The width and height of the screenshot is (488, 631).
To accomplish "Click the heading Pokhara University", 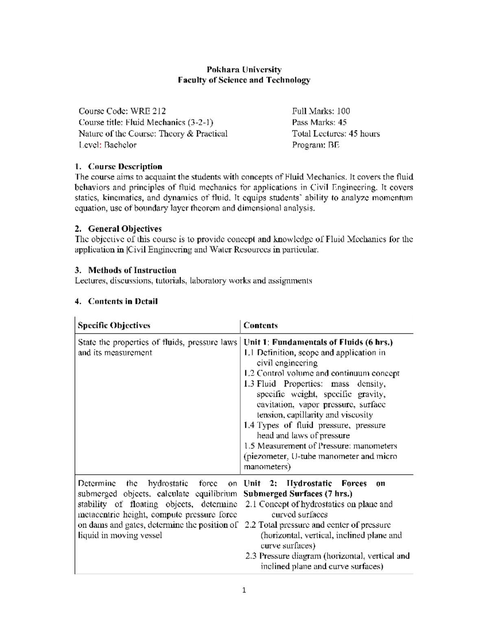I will tap(244, 69).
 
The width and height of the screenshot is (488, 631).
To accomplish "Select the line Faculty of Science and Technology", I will tap(244, 80).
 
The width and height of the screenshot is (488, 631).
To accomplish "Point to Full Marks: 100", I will tap(321, 111).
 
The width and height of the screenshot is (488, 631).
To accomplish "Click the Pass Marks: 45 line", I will tap(319, 122).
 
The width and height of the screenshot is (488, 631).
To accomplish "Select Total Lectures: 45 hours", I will tap(336, 134).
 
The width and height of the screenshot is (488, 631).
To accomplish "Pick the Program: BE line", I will tap(316, 145).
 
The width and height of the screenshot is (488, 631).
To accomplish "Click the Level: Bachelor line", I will tap(107, 145).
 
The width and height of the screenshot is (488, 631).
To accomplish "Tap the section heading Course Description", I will tap(125, 167).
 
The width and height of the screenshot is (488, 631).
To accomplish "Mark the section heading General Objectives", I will tap(125, 229).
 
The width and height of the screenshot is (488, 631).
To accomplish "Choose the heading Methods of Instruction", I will tap(132, 270).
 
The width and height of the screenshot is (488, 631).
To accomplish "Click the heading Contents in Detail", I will tap(123, 301).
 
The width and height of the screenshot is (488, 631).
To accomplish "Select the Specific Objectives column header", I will tap(114, 325).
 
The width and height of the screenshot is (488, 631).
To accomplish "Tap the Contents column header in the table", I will tap(261, 325).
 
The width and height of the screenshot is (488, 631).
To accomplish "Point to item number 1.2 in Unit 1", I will tap(249, 373).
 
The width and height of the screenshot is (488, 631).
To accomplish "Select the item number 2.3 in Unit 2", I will tap(251, 556).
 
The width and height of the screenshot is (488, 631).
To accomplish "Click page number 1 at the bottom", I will tap(244, 590).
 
